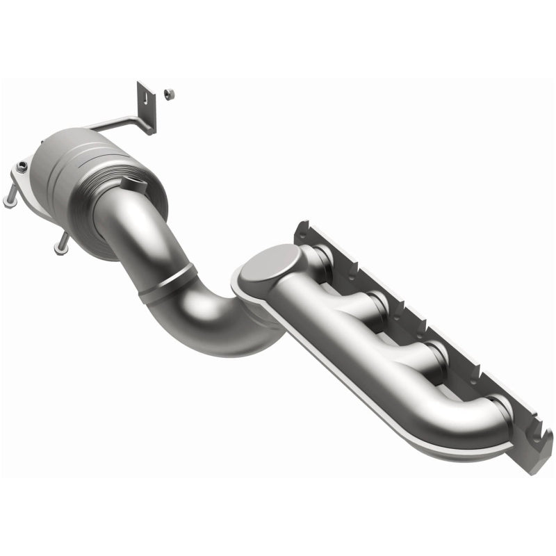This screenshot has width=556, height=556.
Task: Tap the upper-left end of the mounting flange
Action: coord(303,229)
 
